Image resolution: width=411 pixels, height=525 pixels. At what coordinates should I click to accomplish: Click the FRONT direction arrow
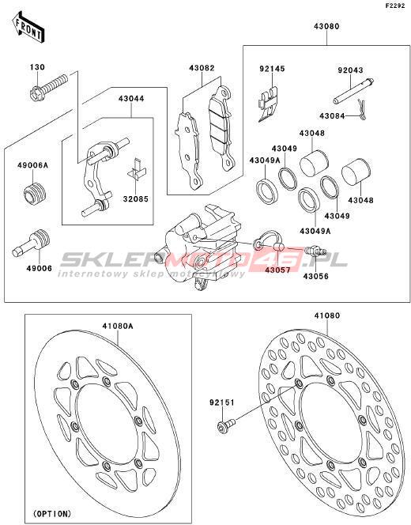(x=28, y=27)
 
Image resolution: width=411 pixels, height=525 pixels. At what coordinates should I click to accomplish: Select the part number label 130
(x=37, y=67)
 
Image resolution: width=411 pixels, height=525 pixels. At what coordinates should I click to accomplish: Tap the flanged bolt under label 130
(x=48, y=88)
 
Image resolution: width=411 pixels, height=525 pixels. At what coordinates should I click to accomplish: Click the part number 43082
(x=202, y=68)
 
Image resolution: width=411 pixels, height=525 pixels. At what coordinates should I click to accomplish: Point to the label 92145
(x=272, y=69)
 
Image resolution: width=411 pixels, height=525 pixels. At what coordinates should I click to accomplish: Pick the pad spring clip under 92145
(x=268, y=104)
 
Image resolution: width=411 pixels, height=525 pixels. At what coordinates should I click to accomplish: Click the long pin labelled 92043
(x=353, y=91)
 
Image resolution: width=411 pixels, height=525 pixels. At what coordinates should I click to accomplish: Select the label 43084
(x=332, y=116)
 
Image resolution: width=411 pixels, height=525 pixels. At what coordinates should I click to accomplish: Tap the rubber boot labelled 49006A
(x=35, y=193)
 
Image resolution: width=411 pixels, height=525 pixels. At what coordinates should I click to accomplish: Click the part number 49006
(x=40, y=268)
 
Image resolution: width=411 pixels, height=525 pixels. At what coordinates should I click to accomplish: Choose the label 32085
(x=135, y=199)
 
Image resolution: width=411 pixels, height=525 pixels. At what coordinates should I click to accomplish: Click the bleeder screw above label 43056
(x=316, y=251)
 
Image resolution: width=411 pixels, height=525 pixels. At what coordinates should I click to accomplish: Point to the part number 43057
(x=277, y=269)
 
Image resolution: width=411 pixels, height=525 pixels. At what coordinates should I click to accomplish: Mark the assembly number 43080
(x=326, y=26)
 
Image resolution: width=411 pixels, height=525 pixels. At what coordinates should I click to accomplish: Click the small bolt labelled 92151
(x=226, y=425)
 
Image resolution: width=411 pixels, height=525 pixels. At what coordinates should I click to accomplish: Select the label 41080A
(x=118, y=326)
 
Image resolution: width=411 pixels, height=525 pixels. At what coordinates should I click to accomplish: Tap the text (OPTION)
(x=52, y=513)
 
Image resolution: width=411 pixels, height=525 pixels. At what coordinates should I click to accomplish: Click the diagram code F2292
(x=395, y=6)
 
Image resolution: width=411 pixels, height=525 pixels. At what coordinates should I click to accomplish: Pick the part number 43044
(x=131, y=99)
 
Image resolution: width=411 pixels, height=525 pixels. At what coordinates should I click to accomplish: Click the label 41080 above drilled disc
(x=327, y=315)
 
